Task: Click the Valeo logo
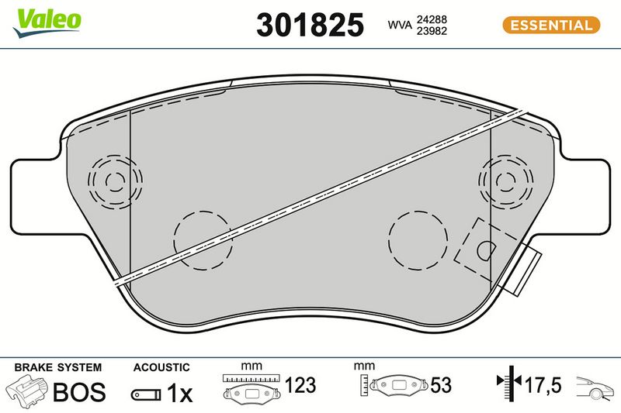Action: point(47,23)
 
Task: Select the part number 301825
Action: point(310,25)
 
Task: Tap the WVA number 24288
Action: point(432,19)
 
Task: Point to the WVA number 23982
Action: point(432,31)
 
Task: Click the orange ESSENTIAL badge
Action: point(551,26)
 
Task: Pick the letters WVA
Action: point(400,25)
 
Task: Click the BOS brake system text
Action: point(79,391)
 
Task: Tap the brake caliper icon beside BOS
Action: point(27,391)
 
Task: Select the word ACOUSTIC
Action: point(161,367)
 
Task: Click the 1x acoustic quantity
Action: point(179,393)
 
